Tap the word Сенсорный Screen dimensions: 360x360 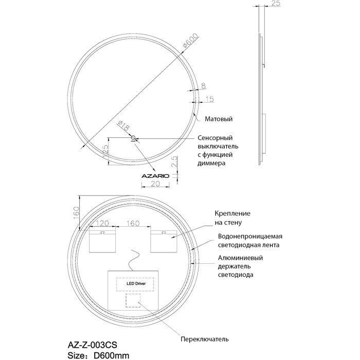(215, 138)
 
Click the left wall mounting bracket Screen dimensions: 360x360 (103, 241)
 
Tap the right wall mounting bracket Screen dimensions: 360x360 (164, 241)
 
